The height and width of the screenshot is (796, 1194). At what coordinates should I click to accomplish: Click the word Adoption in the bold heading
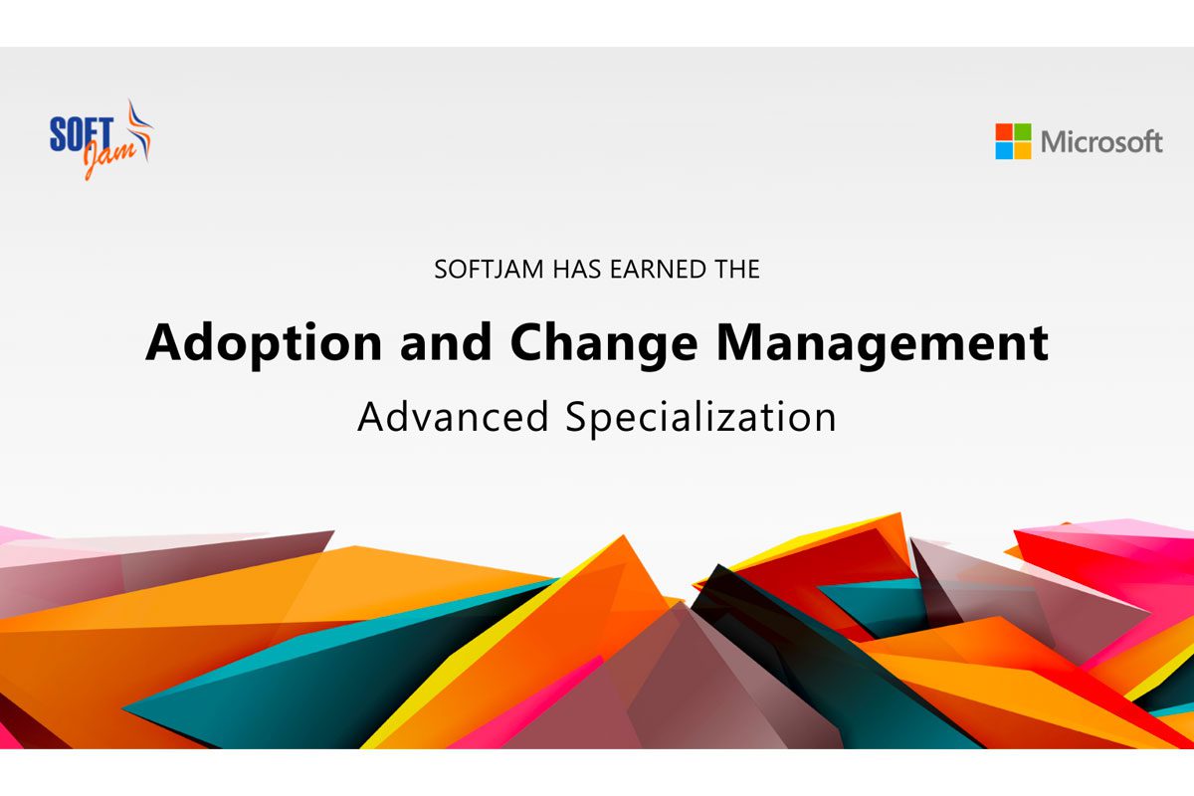[264, 344]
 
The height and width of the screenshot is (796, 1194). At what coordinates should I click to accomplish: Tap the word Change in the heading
[603, 344]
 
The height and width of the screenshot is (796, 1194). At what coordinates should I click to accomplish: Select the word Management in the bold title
[883, 344]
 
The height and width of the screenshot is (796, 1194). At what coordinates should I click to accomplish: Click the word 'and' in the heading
[446, 342]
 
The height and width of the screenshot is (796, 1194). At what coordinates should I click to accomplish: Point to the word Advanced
[454, 417]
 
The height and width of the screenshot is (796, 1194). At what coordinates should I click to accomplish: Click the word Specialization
[700, 419]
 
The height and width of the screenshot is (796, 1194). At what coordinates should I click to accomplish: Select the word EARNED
[659, 270]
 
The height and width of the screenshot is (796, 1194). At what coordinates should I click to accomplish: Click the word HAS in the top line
[577, 270]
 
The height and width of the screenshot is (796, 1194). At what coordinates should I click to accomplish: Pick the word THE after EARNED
[737, 270]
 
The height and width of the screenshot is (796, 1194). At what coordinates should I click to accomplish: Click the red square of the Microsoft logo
[1004, 131]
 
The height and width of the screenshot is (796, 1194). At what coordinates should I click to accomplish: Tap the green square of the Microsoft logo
[1023, 131]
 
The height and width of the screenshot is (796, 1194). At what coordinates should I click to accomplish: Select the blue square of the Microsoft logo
[1004, 150]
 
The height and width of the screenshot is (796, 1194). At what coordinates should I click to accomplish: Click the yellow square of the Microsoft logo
[1023, 150]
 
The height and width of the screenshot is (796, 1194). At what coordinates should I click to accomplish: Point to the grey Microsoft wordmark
[1101, 142]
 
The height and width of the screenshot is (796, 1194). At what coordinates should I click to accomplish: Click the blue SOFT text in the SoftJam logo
[82, 133]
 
